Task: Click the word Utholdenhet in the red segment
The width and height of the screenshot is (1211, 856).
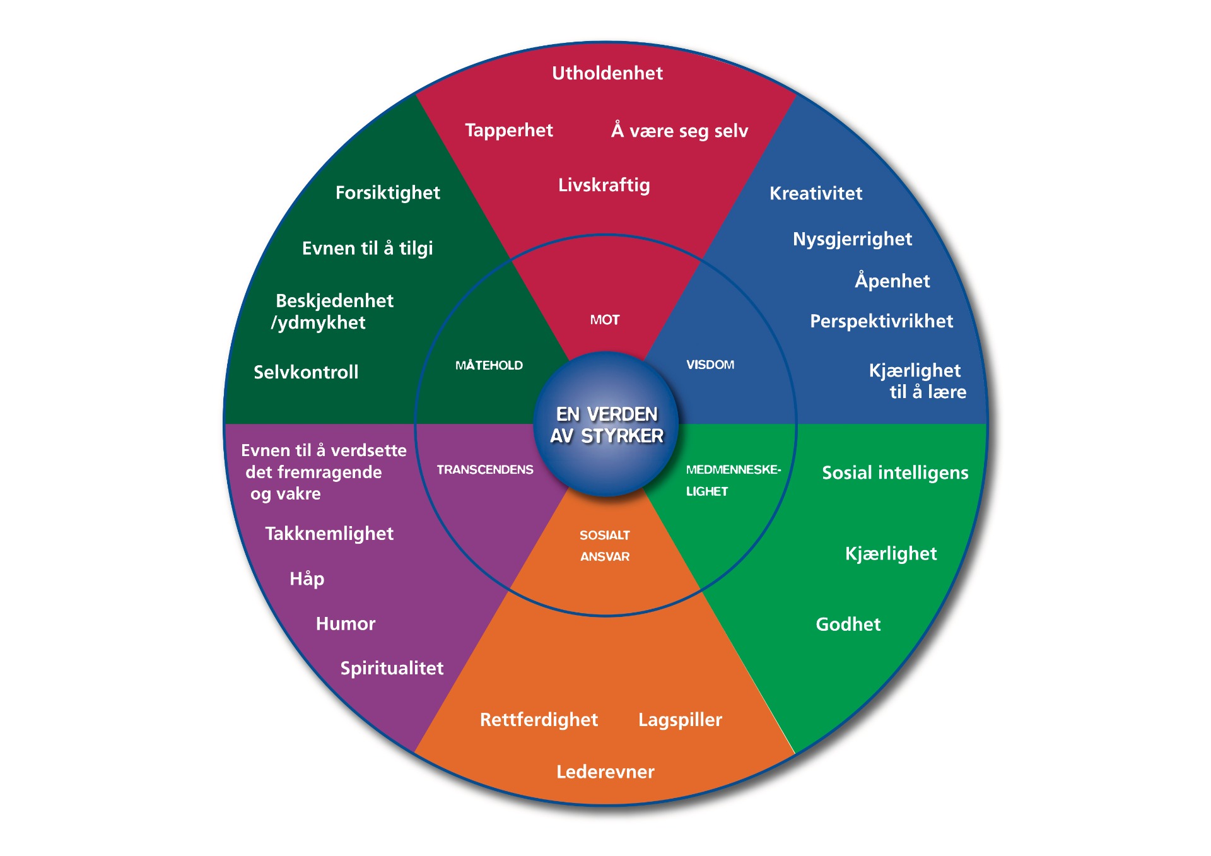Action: [607, 73]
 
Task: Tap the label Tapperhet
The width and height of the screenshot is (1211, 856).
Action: [508, 130]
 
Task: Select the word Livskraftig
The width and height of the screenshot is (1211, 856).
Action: [604, 185]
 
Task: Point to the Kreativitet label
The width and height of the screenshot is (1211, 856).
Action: [816, 193]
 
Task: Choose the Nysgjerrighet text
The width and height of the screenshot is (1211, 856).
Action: [852, 239]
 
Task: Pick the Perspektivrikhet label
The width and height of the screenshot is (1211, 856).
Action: [881, 321]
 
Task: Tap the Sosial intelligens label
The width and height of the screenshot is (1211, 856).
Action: [894, 472]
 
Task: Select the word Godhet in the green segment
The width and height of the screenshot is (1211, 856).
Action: [848, 624]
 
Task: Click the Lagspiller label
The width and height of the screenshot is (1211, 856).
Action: [680, 720]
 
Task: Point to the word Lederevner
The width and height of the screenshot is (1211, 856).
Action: [605, 771]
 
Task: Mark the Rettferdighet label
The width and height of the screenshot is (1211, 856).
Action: [539, 720]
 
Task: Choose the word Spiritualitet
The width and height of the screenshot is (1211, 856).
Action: [392, 668]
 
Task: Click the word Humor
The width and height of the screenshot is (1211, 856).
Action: [345, 624]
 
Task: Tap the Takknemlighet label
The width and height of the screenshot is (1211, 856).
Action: [329, 534]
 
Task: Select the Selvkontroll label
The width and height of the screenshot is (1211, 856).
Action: [306, 372]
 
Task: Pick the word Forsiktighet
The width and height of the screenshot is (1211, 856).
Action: [387, 192]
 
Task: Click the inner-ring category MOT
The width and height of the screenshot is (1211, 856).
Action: [604, 320]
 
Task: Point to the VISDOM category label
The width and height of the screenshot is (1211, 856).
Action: [710, 365]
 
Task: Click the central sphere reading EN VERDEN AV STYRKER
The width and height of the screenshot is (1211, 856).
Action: [606, 425]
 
